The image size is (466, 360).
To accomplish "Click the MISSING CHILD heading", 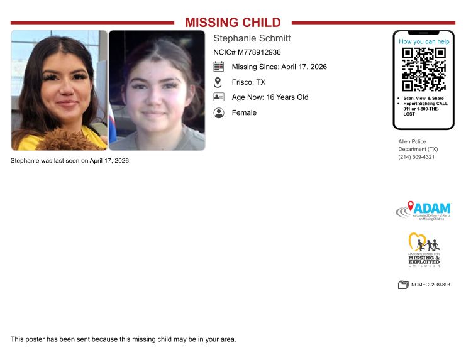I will click(233, 23).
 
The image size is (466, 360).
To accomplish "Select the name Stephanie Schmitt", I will click(252, 38).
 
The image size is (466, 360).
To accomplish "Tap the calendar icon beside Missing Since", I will click(218, 67).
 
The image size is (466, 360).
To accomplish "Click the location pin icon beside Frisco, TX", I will click(218, 82).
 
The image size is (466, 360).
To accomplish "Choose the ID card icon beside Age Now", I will click(218, 97).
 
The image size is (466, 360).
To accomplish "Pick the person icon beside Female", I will click(218, 113).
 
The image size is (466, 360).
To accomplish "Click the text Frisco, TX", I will click(248, 82).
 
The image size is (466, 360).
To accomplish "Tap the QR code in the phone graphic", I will click(424, 69).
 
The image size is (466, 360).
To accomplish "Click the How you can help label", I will click(424, 41).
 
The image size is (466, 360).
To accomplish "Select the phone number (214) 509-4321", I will click(416, 157).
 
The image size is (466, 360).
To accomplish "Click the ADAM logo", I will click(423, 210).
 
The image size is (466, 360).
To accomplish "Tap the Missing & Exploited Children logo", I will click(424, 251).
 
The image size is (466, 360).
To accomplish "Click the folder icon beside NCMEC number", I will click(403, 285).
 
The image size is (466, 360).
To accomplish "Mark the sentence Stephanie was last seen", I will click(70, 161).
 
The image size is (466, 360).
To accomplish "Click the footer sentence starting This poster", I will click(123, 339).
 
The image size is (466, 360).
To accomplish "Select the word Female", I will click(244, 113).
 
